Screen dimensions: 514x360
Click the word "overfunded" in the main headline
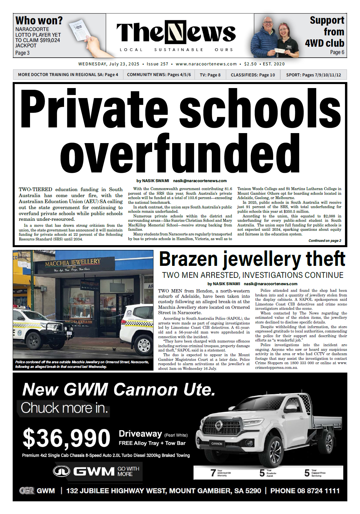click(180, 154)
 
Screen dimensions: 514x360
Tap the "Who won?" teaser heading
click(39, 21)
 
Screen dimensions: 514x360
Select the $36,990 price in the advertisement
click(66, 438)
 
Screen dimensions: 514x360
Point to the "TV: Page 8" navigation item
click(210, 75)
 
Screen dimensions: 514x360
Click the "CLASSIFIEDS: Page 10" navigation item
click(253, 75)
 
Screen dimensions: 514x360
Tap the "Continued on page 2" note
click(325, 240)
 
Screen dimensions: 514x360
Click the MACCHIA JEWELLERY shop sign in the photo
click(73, 263)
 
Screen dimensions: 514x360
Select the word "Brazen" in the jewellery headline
click(189, 259)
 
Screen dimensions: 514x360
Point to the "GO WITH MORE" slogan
click(128, 471)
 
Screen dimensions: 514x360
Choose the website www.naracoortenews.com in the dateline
click(206, 64)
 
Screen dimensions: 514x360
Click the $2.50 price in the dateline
click(250, 64)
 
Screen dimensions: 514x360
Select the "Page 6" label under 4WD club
click(337, 52)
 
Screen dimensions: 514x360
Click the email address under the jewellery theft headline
click(270, 284)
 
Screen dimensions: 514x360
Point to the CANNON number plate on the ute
click(217, 444)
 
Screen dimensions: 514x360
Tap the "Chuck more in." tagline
click(64, 408)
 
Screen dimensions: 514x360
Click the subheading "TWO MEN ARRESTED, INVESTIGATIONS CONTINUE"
click(253, 275)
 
